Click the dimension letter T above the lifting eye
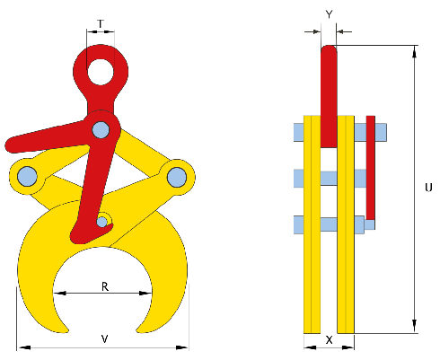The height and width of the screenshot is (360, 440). [x=101, y=23]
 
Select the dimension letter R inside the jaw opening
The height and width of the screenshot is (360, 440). [x=105, y=286]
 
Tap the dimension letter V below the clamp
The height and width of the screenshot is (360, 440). [x=104, y=339]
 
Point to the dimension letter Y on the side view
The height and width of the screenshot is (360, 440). [x=329, y=14]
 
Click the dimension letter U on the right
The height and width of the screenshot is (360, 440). [x=428, y=188]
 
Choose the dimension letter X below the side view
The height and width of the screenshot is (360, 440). [x=329, y=340]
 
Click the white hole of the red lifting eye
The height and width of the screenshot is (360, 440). [x=101, y=72]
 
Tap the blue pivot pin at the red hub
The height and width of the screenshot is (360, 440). [x=101, y=130]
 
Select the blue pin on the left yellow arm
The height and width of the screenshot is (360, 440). [x=27, y=176]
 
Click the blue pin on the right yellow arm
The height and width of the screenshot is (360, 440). [x=177, y=177]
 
